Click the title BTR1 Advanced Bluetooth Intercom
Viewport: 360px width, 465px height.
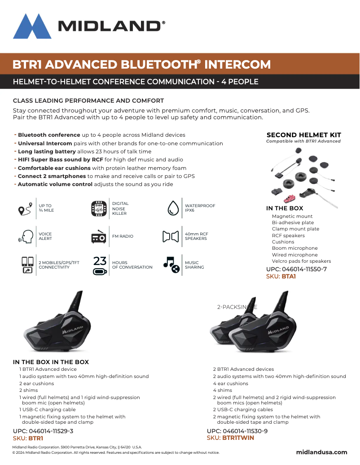coord(141,64)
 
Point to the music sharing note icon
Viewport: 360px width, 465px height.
coord(171,265)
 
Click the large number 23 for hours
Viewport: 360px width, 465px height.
coord(100,261)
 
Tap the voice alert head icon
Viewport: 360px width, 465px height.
coord(26,236)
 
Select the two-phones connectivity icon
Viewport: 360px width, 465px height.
coord(27,265)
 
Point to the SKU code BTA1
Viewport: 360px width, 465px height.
coord(288,277)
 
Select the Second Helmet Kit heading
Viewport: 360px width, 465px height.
coord(303,135)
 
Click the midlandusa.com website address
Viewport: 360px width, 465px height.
coord(321,452)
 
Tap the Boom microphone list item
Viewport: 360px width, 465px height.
coord(294,248)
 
